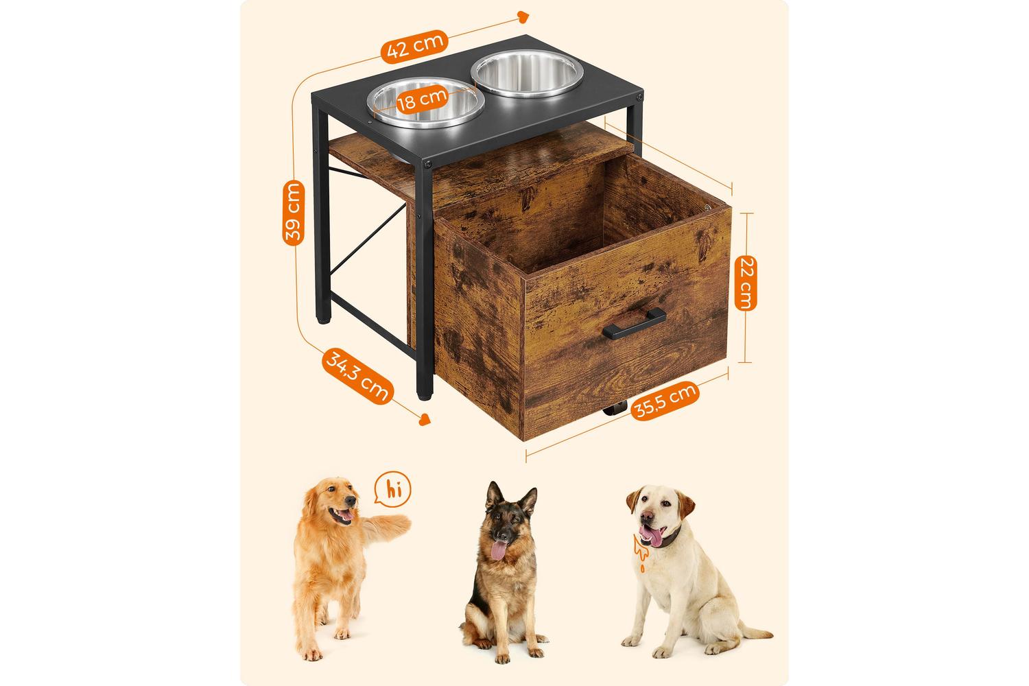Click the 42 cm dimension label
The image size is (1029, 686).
414,47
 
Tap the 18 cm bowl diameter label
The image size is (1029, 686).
422,100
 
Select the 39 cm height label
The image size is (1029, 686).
294,213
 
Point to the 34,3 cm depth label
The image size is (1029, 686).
358,377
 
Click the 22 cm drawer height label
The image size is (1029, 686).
746,283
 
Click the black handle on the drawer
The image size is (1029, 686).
635,324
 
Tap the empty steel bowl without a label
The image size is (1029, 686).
528,73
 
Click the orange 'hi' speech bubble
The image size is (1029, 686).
393,489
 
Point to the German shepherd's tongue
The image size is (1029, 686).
499,550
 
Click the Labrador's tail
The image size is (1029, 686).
753,631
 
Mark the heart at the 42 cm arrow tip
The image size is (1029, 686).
523,17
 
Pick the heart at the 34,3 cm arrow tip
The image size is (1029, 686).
425,419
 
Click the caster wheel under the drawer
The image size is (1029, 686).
615,408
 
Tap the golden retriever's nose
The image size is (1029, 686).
351,500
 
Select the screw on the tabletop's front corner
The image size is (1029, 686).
427,163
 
